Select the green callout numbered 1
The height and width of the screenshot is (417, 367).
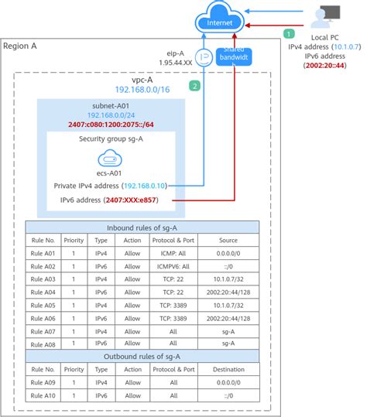289,34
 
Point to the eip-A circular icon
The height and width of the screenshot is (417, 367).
204,57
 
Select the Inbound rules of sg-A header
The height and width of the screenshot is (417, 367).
142,227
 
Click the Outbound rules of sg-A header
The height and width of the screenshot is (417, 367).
142,356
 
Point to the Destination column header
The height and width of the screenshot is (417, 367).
229,370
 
